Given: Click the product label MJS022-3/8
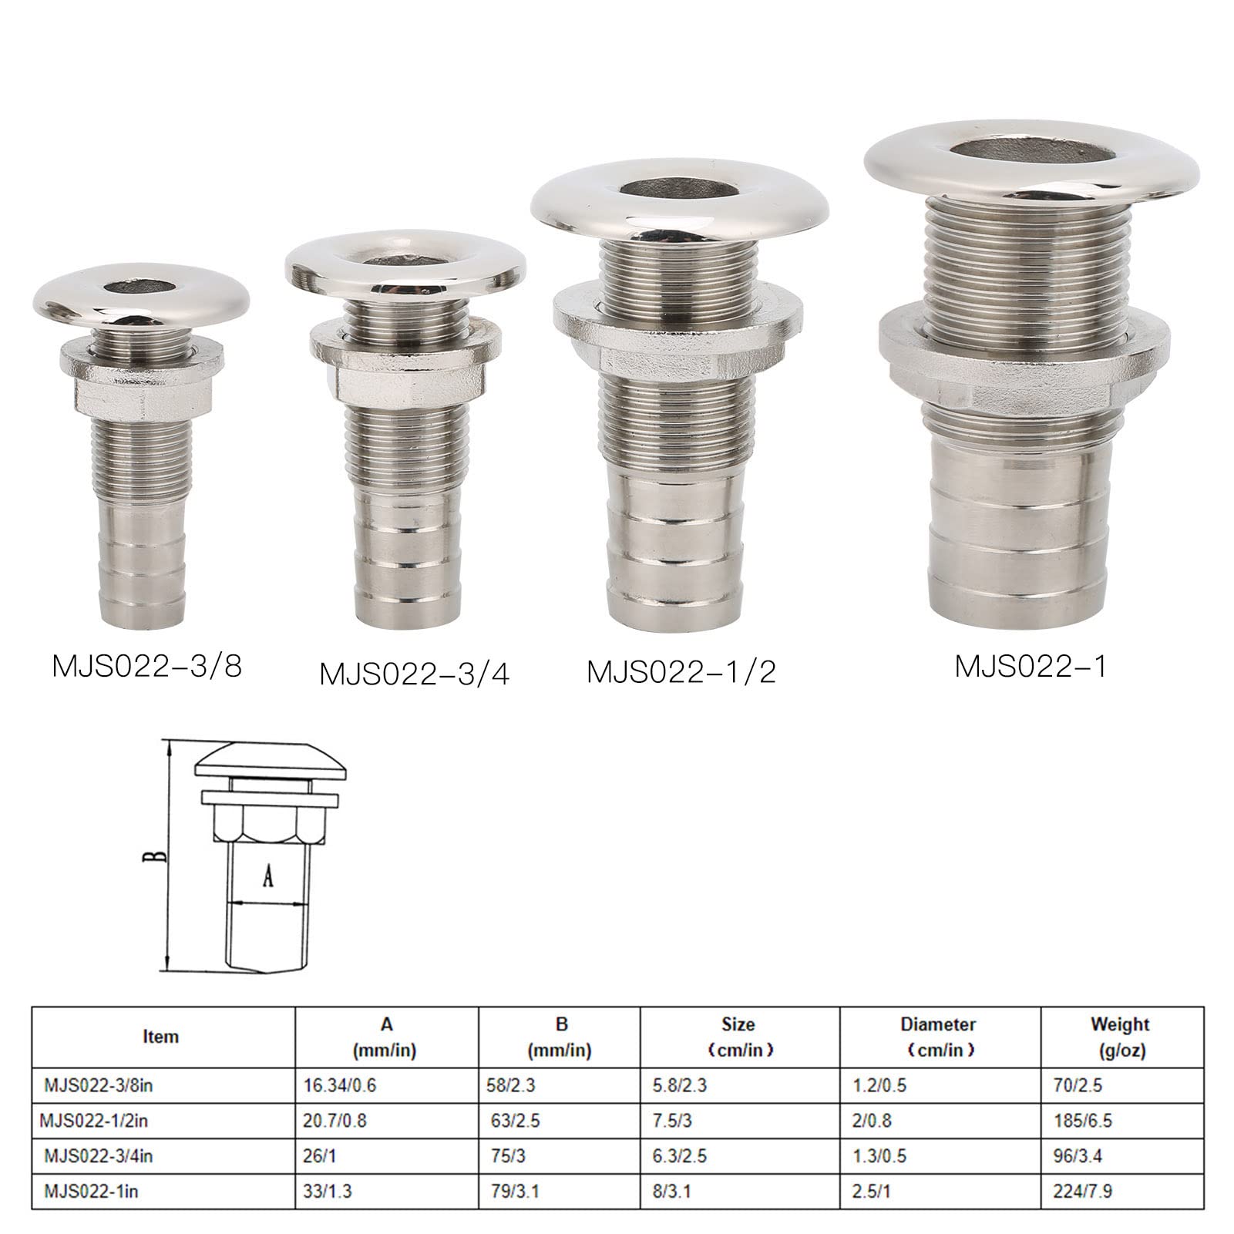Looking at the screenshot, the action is (147, 665).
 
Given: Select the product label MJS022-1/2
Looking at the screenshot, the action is (681, 672).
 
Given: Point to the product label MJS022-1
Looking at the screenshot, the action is (1031, 666).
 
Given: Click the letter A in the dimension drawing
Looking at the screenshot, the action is (267, 875).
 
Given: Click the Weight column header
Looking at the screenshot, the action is (1120, 1037).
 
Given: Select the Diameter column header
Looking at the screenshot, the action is (938, 1037).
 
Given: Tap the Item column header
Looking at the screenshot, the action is (160, 1037).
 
